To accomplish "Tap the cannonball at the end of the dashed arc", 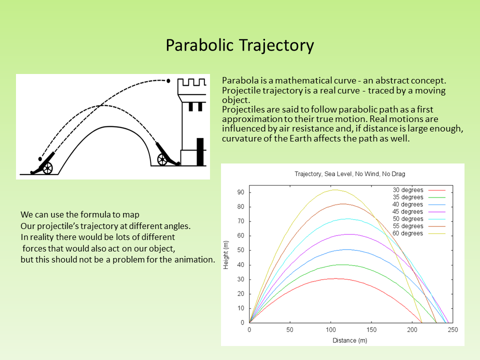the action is click(x=168, y=81).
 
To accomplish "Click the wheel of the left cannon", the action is click(x=47, y=168).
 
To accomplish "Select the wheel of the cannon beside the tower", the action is click(x=162, y=159).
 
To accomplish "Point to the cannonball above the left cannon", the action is click(x=40, y=159).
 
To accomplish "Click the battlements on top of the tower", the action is click(x=192, y=82).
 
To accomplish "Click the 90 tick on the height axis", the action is click(x=240, y=192).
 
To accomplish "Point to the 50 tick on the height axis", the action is click(x=240, y=250).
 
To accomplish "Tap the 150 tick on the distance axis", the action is click(x=371, y=329).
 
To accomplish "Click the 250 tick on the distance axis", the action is click(x=453, y=329).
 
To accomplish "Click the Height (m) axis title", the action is click(x=226, y=255).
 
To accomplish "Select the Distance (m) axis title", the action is click(x=349, y=340).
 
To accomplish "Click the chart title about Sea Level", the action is click(x=349, y=174).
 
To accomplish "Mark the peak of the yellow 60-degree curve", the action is click(x=334, y=190).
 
